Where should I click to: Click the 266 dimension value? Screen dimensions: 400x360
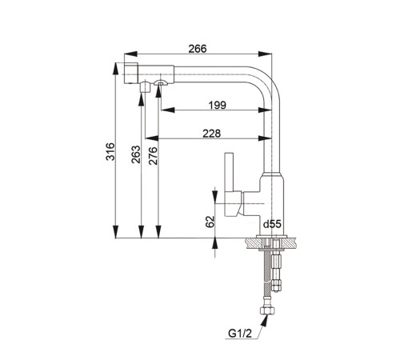tap(198, 49)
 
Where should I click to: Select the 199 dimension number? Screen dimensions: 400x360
tap(218, 105)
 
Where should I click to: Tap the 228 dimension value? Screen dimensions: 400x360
tap(212, 134)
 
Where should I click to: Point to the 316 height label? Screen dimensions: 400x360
tap(110, 151)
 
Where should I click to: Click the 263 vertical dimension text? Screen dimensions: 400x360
tap(136, 154)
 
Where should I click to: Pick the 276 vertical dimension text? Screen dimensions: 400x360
tap(153, 156)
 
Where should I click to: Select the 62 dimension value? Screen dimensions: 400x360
tap(210, 222)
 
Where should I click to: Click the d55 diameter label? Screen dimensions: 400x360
tap(272, 224)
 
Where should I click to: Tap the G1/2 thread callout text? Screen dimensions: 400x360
tap(240, 334)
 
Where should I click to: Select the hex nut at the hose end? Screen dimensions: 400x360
tap(267, 310)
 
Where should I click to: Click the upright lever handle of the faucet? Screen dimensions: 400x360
tap(230, 172)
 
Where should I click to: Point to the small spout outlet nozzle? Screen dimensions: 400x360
tap(144, 87)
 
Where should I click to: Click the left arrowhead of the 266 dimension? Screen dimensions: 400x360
tap(131, 54)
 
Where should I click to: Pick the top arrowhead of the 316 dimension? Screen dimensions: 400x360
tap(115, 69)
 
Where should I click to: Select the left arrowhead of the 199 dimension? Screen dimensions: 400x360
tap(168, 110)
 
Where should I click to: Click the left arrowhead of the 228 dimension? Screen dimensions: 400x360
tap(152, 138)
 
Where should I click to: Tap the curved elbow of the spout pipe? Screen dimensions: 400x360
tap(266, 81)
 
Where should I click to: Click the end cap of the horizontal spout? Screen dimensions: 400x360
tap(131, 74)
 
